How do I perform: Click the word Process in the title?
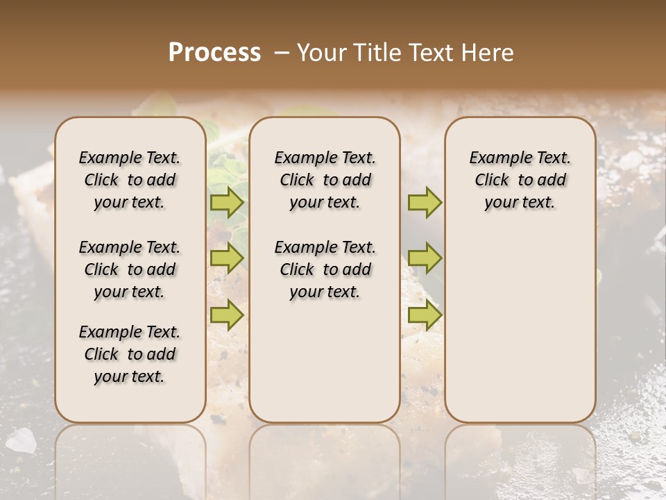click(214, 52)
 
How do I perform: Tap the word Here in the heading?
click(489, 52)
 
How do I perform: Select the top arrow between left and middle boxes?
click(227, 202)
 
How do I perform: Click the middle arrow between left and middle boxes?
click(227, 258)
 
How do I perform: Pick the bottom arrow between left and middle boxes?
click(227, 315)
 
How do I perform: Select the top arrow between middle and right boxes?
click(425, 202)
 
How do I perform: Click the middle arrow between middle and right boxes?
click(425, 258)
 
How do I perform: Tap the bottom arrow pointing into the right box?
click(425, 315)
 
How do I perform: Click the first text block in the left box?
click(130, 180)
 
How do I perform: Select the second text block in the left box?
click(130, 269)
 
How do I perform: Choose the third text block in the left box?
click(130, 354)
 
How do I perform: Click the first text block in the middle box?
click(325, 180)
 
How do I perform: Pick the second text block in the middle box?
click(325, 269)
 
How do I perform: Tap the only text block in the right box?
click(520, 180)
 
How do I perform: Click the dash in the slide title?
click(281, 52)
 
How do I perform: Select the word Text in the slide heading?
click(433, 52)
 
